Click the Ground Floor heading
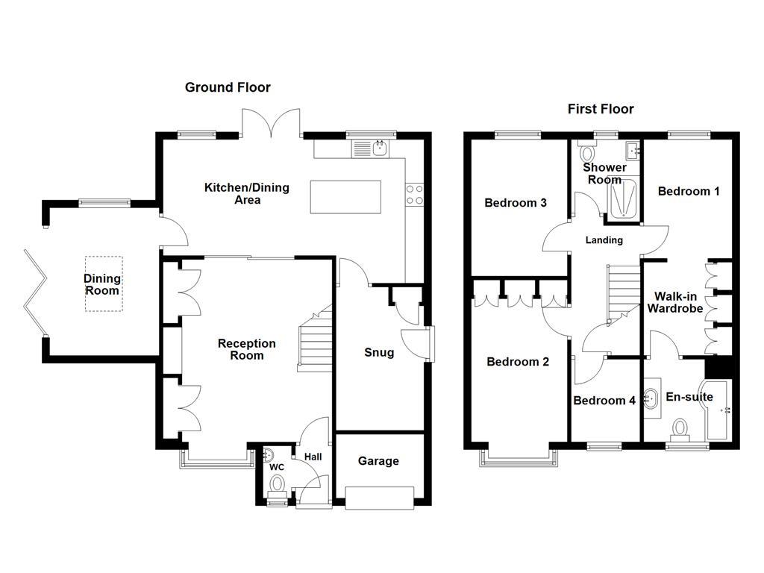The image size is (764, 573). pos(228,87)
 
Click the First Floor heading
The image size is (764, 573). pos(601,109)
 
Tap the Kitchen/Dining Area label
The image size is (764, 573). pos(247,193)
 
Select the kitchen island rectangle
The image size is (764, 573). pos(345,196)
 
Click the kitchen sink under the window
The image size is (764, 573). pos(380,148)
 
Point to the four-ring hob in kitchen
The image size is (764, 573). pos(414,194)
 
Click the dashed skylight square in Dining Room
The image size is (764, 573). pos(104,284)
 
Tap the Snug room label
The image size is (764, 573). pos(379,352)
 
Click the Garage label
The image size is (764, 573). pos(378,461)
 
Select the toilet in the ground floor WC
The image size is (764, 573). pos(278,486)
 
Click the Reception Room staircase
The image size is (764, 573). pos(315,339)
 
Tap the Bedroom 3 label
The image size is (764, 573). pos(516,203)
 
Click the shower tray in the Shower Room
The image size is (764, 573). pos(623,199)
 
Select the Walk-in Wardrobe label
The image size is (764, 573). pos(674,301)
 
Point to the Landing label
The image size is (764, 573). pos(604,240)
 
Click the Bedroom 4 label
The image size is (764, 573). pos(604,401)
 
